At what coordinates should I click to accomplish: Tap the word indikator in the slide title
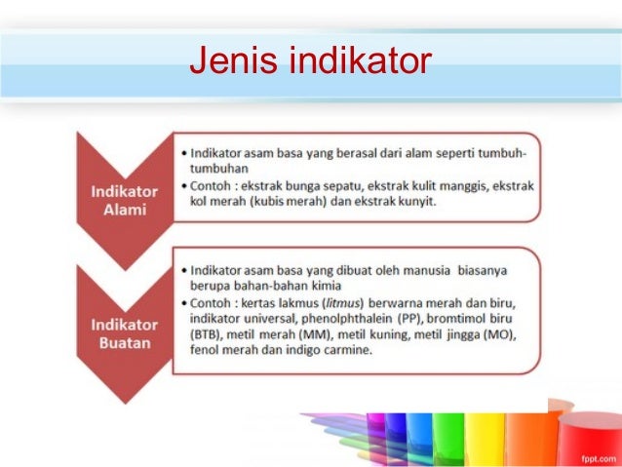pos(355,61)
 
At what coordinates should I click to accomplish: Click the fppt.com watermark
pos(592,454)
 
